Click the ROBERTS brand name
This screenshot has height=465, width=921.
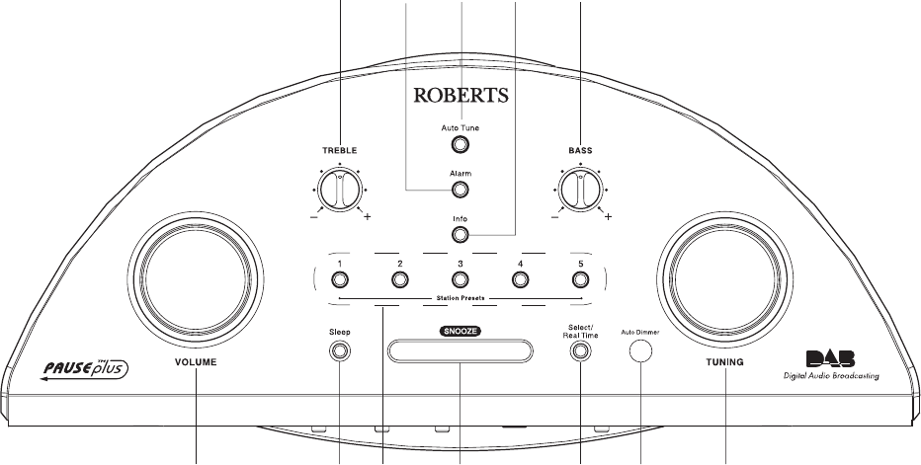click(460, 96)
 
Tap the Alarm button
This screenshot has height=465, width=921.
click(460, 191)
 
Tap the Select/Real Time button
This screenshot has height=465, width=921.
click(580, 350)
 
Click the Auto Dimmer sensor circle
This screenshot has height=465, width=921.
click(641, 352)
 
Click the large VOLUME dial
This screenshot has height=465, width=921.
click(196, 279)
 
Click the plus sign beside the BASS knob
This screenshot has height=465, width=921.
click(609, 216)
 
